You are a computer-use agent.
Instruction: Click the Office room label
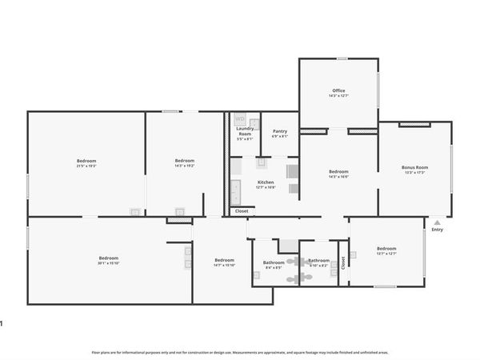click(338, 90)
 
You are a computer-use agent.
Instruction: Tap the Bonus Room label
click(414, 167)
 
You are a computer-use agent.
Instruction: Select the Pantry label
click(279, 131)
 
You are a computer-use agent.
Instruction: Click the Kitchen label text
click(266, 182)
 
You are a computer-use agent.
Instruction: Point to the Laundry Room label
click(244, 130)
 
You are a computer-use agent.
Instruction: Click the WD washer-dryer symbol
click(239, 119)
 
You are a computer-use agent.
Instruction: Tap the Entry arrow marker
click(436, 222)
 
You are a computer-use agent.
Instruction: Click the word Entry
click(437, 230)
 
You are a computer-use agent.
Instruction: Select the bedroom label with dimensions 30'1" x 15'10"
click(108, 258)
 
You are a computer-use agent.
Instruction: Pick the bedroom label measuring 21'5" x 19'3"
click(86, 161)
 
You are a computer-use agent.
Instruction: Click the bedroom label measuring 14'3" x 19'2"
click(184, 161)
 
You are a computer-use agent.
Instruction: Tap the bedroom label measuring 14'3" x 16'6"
click(338, 171)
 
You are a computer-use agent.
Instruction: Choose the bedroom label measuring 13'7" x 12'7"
click(386, 248)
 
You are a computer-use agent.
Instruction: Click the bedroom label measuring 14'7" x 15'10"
click(225, 260)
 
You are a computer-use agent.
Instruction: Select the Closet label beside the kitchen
click(241, 210)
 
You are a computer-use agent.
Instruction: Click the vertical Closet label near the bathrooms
click(343, 262)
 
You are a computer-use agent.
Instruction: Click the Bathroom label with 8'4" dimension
click(274, 262)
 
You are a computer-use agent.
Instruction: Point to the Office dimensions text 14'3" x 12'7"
click(338, 96)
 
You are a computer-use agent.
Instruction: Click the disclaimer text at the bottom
click(240, 352)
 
